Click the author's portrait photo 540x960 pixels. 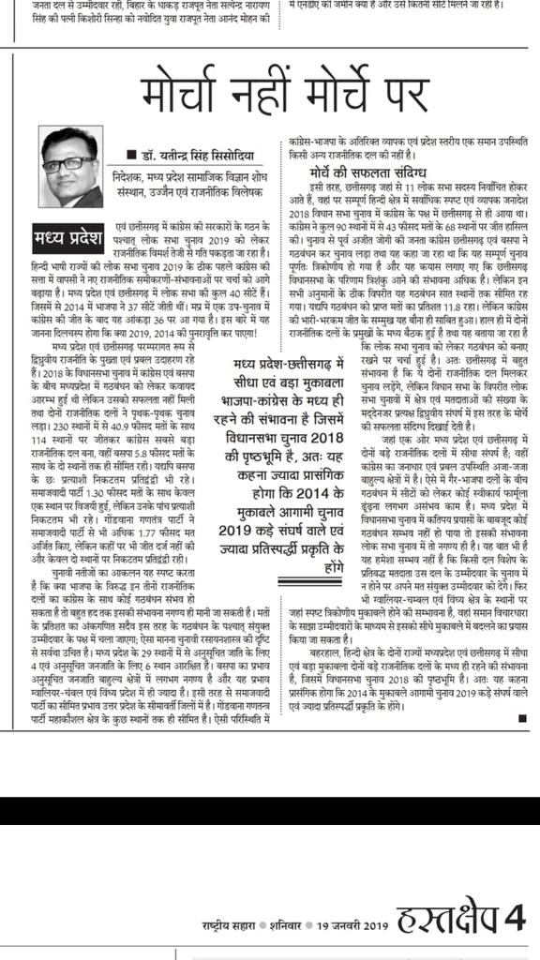point(71,168)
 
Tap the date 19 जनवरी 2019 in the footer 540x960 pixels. point(348,924)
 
